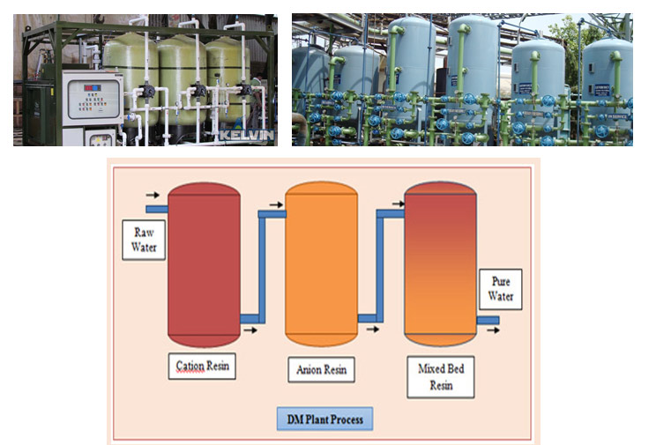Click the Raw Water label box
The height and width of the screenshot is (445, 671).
point(144,239)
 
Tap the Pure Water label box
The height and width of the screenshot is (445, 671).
point(501,289)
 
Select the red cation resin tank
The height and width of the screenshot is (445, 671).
point(204,264)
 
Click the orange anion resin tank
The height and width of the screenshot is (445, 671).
point(321,264)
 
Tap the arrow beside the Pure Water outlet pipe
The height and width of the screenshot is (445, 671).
point(494,330)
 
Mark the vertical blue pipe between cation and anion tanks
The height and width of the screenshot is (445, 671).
point(261,264)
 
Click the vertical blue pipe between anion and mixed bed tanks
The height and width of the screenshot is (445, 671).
point(380,264)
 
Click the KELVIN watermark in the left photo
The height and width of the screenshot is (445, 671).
point(247,136)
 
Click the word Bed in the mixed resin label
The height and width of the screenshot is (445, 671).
point(452,369)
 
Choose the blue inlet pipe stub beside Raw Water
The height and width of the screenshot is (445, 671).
point(157,209)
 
